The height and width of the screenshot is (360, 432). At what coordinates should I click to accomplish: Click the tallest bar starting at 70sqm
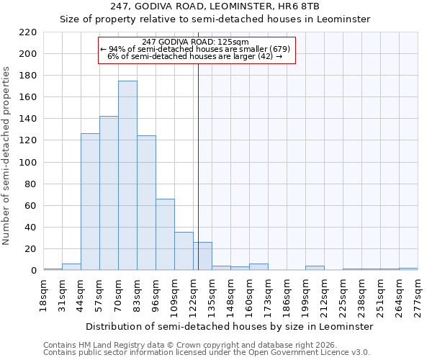click(127, 176)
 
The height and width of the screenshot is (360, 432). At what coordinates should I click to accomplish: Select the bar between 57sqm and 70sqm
click(109, 193)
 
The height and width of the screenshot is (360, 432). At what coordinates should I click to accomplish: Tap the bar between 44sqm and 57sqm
click(90, 202)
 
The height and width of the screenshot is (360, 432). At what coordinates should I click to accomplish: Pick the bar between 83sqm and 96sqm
click(146, 203)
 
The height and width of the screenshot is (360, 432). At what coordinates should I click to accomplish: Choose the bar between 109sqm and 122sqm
click(184, 251)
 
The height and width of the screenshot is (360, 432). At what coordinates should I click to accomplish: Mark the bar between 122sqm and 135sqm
click(202, 256)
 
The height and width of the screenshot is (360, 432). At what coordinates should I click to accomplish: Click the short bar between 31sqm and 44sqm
click(71, 267)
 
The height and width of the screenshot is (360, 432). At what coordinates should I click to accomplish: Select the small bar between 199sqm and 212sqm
click(315, 268)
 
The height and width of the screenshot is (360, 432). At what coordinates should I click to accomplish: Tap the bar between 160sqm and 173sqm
click(258, 267)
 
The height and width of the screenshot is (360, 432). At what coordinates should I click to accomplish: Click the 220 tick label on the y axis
click(28, 32)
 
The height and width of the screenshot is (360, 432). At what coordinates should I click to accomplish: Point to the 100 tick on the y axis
click(28, 163)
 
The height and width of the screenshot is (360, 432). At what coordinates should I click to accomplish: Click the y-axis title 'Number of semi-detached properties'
click(7, 156)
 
